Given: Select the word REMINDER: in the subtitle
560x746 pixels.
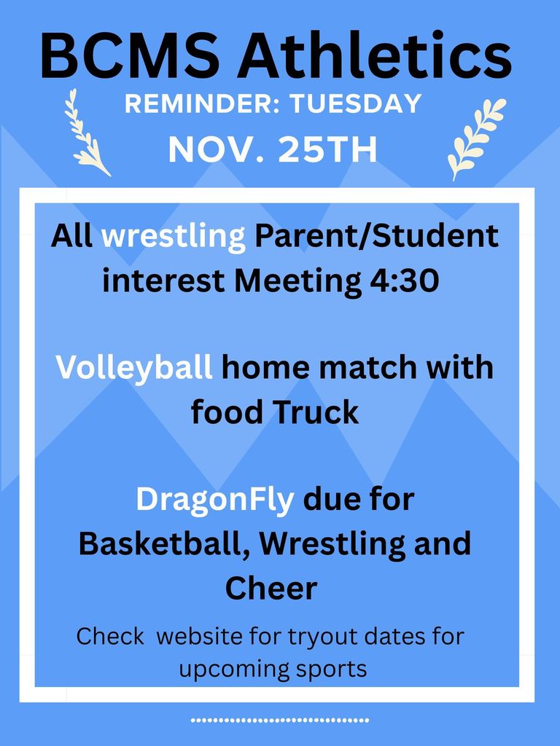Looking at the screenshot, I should click(202, 104).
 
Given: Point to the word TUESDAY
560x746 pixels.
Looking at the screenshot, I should click(356, 104).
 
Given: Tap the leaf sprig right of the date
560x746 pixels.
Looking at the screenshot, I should click(475, 138).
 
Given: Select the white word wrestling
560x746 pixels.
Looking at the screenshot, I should click(174, 236).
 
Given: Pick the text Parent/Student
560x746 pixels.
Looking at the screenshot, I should click(376, 236).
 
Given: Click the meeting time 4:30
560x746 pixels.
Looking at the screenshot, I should click(400, 280).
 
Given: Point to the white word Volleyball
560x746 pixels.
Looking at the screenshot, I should click(135, 367).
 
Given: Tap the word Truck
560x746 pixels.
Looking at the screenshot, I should click(316, 412).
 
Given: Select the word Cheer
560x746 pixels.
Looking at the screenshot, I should click(271, 588).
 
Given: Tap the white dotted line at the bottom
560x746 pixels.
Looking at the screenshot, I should click(280, 721).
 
